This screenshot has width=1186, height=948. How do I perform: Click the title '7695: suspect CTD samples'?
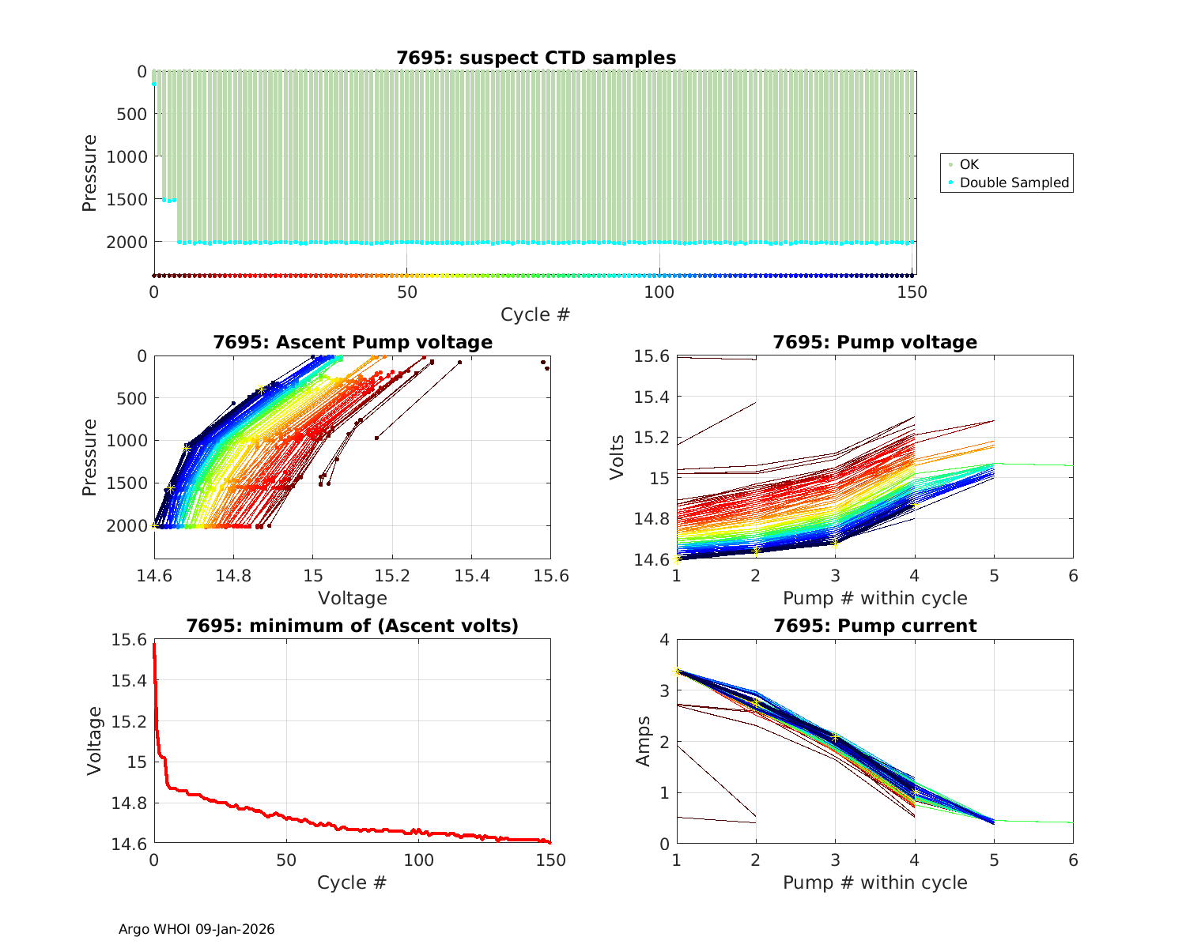[x=536, y=58]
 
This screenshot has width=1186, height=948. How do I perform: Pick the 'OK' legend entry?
[x=969, y=164]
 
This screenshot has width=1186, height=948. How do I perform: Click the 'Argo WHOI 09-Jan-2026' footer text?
[x=196, y=929]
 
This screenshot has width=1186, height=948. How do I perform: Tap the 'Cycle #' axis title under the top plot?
[x=534, y=314]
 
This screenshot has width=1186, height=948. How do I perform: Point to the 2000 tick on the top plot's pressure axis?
[x=127, y=242]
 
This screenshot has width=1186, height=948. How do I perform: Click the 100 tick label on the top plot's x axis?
[x=659, y=292]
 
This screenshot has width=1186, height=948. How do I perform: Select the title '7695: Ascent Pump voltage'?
[x=353, y=342]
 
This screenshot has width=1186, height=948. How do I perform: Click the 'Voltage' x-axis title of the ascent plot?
[x=353, y=598]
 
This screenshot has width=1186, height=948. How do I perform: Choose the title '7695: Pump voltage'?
[x=874, y=342]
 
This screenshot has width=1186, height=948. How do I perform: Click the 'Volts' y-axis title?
[x=617, y=457]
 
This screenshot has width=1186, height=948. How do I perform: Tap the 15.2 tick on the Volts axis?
[x=653, y=438]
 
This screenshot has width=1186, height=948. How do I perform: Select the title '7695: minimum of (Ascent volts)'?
[x=353, y=626]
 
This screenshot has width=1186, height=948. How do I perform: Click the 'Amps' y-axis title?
[x=643, y=741]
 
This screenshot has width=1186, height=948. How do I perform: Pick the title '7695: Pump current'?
[x=874, y=626]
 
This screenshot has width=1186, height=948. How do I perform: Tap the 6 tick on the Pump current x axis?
[x=1073, y=860]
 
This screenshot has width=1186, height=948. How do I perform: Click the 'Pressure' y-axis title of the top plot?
[x=89, y=173]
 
